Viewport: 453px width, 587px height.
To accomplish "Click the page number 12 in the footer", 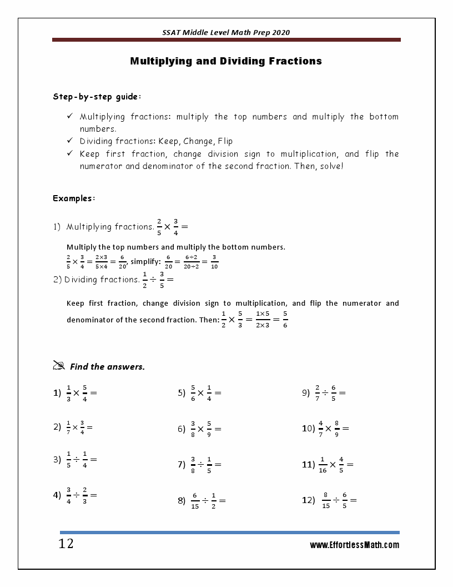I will point(66,544).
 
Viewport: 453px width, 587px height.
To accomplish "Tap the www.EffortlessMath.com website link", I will point(354,545).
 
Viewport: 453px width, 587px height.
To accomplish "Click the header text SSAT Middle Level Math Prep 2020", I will point(226,33).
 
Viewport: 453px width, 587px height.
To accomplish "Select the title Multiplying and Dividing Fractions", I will point(226,61).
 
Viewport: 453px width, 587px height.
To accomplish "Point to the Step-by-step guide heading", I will point(97,97).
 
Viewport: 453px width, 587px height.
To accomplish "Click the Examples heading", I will point(74,198).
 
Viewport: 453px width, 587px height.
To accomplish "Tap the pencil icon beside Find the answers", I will point(59,365).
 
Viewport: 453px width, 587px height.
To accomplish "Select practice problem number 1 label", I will point(57,393).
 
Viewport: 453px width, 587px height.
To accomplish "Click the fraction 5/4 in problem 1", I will point(85,392).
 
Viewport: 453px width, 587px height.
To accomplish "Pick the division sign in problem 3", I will point(77,460).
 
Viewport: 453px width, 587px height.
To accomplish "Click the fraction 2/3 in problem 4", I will point(85,495).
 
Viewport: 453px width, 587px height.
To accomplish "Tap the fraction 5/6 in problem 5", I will point(193,392).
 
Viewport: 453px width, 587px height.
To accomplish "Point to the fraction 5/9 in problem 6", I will point(209,429).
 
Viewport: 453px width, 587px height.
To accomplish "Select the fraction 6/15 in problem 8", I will point(195,500).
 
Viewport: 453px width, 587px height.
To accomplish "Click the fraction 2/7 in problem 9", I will point(317,392).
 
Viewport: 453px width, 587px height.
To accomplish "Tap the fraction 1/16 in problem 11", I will point(322,465).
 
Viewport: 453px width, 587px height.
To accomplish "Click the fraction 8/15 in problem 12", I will point(326,500).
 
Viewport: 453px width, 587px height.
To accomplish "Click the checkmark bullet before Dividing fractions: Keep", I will point(70,141).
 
